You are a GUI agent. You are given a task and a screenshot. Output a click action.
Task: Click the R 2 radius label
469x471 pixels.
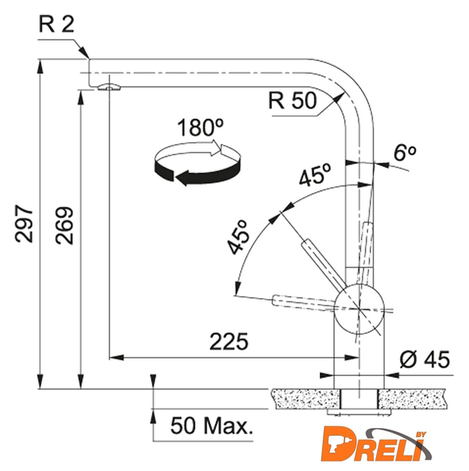(57, 24)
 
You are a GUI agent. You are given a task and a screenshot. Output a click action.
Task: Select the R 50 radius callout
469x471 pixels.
(292, 100)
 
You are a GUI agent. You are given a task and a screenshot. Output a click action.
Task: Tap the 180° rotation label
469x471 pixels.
(200, 127)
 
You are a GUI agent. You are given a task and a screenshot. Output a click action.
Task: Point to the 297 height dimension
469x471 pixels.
(24, 224)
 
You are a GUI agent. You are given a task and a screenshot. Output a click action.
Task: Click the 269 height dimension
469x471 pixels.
(64, 225)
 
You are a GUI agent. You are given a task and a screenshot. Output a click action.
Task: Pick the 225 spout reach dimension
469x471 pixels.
(229, 341)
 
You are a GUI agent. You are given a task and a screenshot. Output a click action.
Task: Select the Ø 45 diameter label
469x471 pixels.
(425, 359)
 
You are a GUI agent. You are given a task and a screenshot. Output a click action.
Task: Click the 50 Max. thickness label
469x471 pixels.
(211, 425)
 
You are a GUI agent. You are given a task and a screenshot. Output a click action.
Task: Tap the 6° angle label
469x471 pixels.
(405, 152)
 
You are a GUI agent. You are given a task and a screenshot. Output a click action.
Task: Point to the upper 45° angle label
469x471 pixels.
(315, 174)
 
